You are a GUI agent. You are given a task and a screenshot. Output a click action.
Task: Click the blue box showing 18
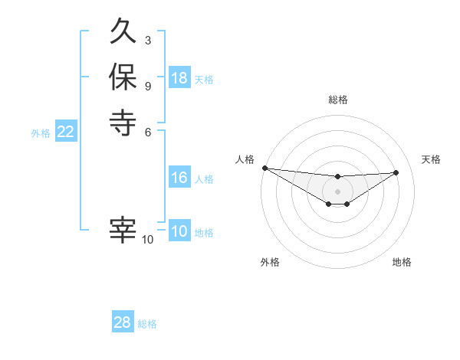point(179,78)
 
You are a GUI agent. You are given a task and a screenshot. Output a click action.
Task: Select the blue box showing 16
point(179,178)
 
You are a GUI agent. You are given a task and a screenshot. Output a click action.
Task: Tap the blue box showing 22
point(66,132)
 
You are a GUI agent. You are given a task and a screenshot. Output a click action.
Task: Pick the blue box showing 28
point(123,322)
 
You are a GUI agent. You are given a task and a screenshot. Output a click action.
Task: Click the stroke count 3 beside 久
point(147,41)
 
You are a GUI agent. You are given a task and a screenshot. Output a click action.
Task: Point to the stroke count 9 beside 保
point(147,85)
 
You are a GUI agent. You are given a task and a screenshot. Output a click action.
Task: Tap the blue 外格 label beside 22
point(41,133)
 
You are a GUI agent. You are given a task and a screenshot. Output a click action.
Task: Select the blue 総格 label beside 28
point(147,324)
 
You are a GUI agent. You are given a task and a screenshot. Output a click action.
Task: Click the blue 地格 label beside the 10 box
point(204,233)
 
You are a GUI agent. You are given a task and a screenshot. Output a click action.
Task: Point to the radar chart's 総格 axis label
point(337,100)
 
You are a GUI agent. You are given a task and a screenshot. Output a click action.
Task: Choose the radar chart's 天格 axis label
point(431,159)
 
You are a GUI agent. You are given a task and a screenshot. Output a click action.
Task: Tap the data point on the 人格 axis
point(264,168)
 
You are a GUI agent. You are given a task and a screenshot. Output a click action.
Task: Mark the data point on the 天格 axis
point(396,172)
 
